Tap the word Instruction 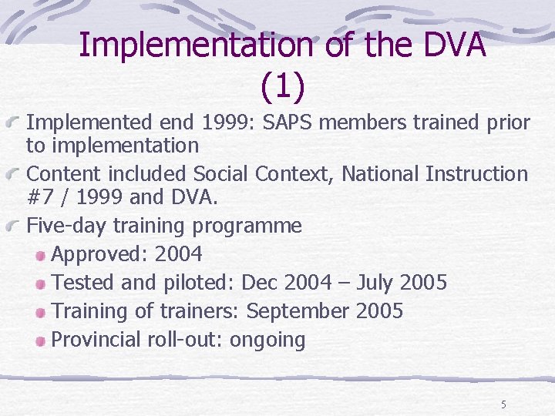[476, 174]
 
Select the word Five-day [66, 226]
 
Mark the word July [378, 283]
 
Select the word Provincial [96, 340]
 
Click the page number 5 [504, 404]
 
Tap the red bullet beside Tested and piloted [42, 283]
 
